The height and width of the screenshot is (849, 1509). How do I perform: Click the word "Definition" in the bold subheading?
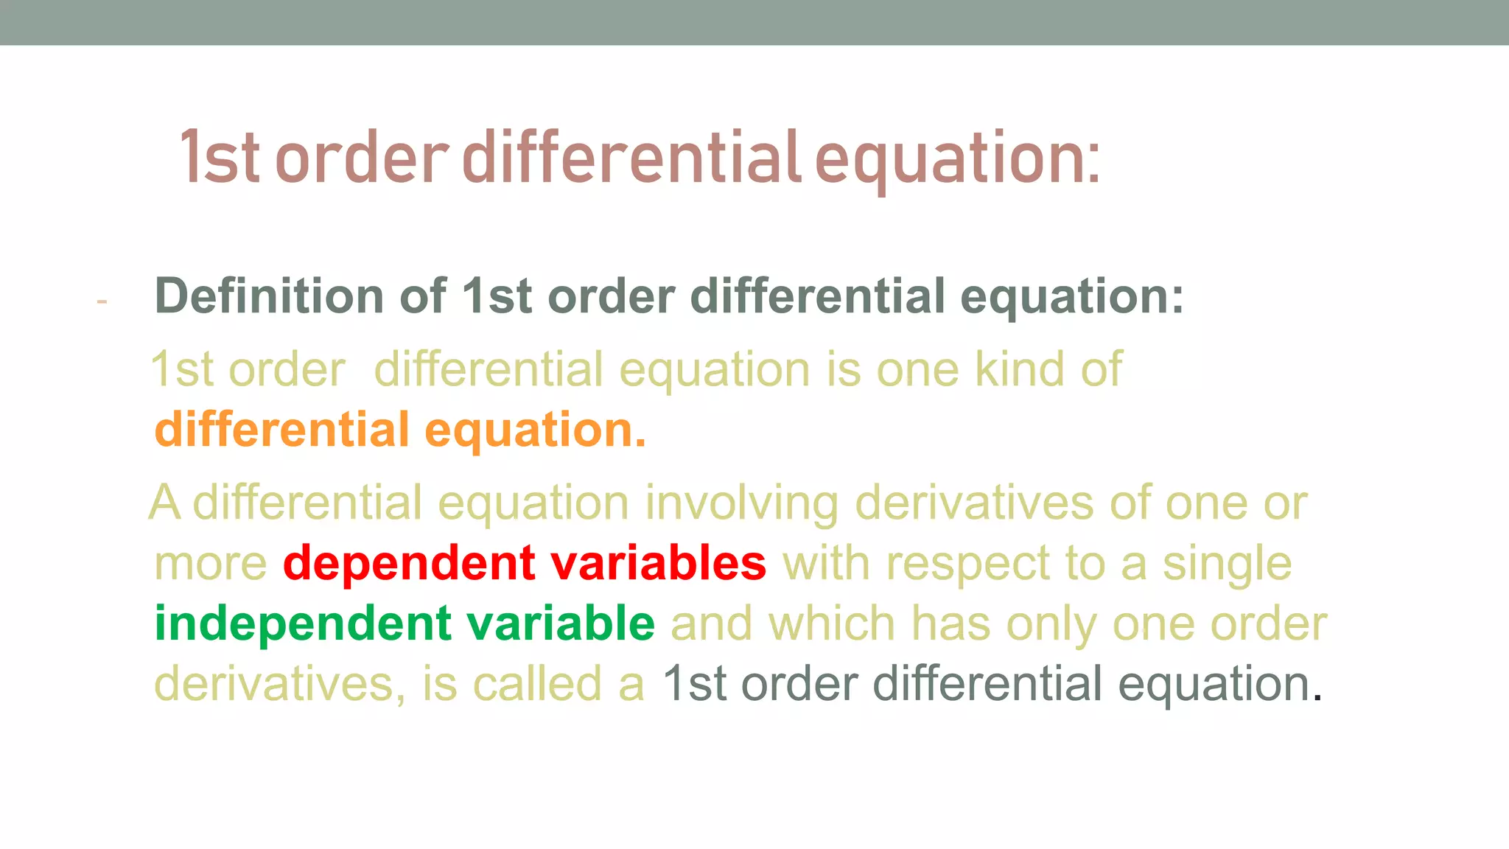point(269,296)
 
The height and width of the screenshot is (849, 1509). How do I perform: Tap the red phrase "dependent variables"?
point(525,564)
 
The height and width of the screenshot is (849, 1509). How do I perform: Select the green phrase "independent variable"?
point(405,624)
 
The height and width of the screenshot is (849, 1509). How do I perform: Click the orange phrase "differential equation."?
point(400,430)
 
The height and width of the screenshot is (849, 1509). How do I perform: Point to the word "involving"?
point(742,504)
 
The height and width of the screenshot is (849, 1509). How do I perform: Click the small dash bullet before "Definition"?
point(102,301)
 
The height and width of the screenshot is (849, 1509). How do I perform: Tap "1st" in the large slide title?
point(219,158)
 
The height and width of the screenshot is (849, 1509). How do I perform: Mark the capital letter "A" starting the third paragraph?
point(164,503)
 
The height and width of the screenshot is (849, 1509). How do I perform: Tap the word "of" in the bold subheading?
point(422,296)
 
